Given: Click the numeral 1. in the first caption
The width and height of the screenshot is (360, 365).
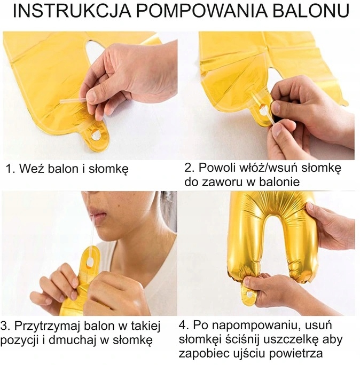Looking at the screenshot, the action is coord(10,169).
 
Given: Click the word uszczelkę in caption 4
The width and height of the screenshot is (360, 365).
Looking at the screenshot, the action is coord(292,340).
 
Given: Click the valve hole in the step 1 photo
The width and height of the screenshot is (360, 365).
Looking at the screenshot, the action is coord(96,135).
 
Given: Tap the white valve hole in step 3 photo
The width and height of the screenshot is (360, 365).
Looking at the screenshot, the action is coord(90,263).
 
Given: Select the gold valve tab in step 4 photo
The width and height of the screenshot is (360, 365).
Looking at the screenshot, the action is coord(248,296).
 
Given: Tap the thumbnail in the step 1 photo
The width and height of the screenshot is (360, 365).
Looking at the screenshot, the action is coord(92,97).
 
